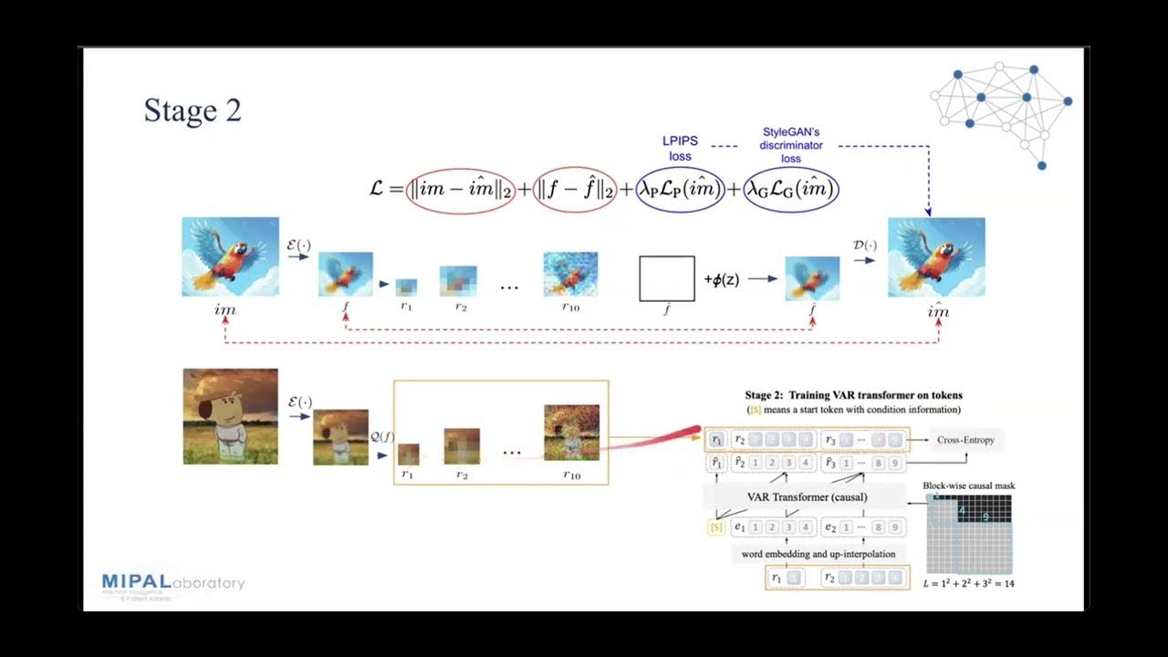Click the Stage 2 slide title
(193, 110)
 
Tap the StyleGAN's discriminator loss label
(791, 145)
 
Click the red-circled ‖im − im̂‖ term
(461, 190)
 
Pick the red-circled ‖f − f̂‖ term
(575, 190)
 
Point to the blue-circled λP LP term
(681, 190)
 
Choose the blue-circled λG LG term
(790, 190)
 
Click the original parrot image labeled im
(230, 256)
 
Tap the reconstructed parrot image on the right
(936, 256)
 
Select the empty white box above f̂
(666, 278)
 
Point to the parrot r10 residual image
(570, 275)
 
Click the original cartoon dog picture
(230, 416)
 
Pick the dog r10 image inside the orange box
(571, 432)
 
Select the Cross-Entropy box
(965, 440)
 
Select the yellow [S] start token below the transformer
(716, 527)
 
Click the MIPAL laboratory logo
(172, 585)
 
